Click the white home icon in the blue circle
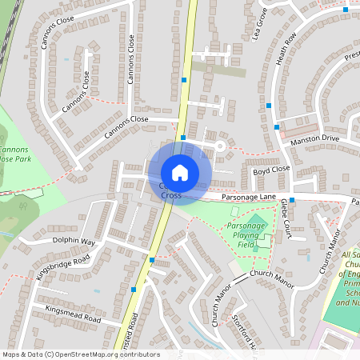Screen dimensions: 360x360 (180, 173)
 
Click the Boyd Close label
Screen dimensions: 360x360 (270, 170)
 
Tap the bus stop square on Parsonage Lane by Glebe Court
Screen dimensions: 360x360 (292, 200)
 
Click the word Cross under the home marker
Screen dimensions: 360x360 (172, 195)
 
